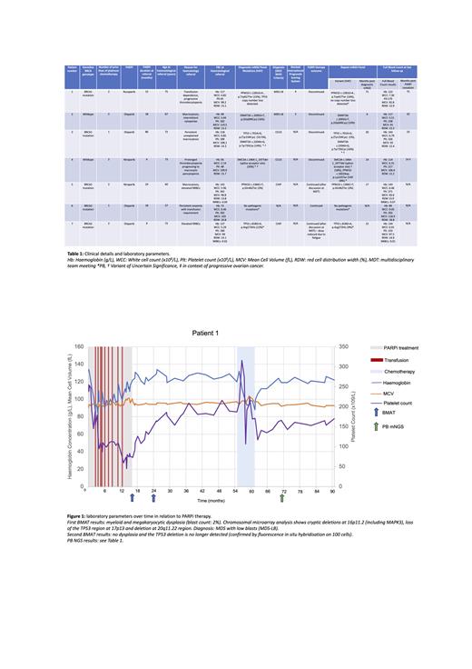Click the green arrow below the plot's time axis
click(x=282, y=497)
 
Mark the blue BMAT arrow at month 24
click(x=154, y=497)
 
